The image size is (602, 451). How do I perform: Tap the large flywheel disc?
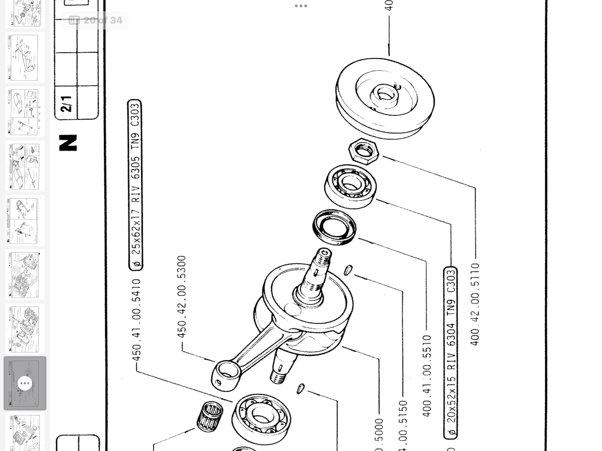[x=385, y=98]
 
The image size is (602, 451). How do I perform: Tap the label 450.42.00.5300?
[x=181, y=297]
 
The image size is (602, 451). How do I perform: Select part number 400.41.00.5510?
[x=427, y=376]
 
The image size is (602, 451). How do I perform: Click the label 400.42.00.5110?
[x=475, y=304]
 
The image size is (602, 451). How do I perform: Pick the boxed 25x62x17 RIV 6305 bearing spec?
[x=135, y=185]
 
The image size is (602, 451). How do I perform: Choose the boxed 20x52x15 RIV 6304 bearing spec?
[x=451, y=352]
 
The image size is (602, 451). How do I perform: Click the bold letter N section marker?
[x=68, y=143]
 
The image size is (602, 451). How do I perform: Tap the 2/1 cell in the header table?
[x=66, y=103]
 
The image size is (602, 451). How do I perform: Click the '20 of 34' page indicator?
[x=96, y=20]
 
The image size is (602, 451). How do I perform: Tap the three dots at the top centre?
[x=301, y=6]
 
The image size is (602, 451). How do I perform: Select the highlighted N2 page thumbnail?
[x=25, y=383]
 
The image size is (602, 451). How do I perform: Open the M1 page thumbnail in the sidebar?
[x=25, y=112]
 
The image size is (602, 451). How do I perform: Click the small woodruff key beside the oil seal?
[x=348, y=270]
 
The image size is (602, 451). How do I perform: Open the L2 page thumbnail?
[x=25, y=58]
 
